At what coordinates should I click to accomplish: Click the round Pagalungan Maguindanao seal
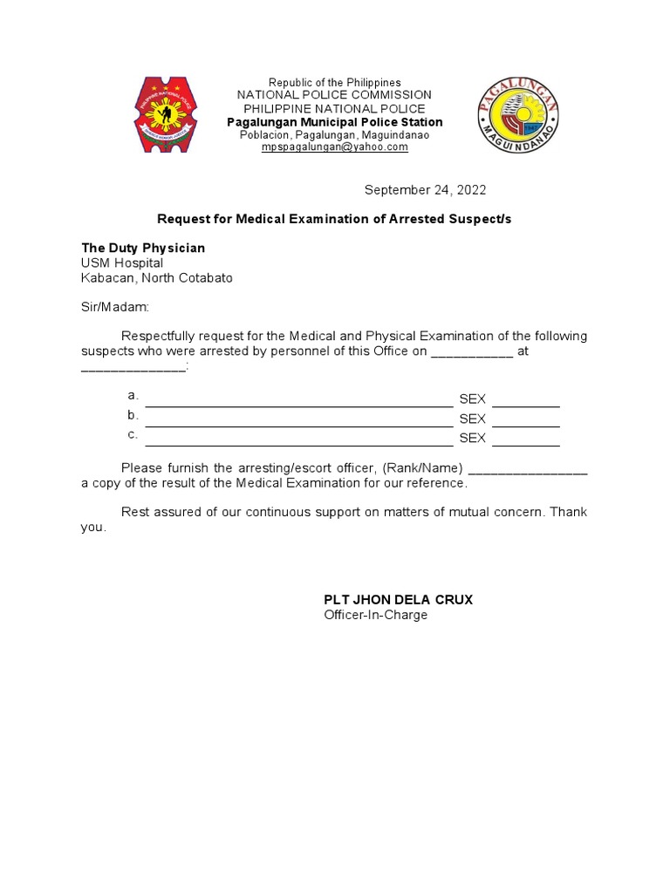click(519, 114)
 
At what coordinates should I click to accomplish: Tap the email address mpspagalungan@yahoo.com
click(335, 147)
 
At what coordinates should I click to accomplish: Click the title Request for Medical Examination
click(334, 219)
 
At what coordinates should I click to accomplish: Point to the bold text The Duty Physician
click(143, 249)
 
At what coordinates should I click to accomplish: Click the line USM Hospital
click(122, 263)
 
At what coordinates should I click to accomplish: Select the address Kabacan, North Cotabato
click(157, 278)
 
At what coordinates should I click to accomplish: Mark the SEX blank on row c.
click(525, 443)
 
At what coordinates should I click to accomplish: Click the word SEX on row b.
click(472, 419)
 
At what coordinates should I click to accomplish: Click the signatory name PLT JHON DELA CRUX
click(398, 600)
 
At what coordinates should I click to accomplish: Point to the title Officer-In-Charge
click(376, 615)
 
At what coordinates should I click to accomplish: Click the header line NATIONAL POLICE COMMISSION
click(335, 94)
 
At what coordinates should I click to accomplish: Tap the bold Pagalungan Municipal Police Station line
click(335, 122)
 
